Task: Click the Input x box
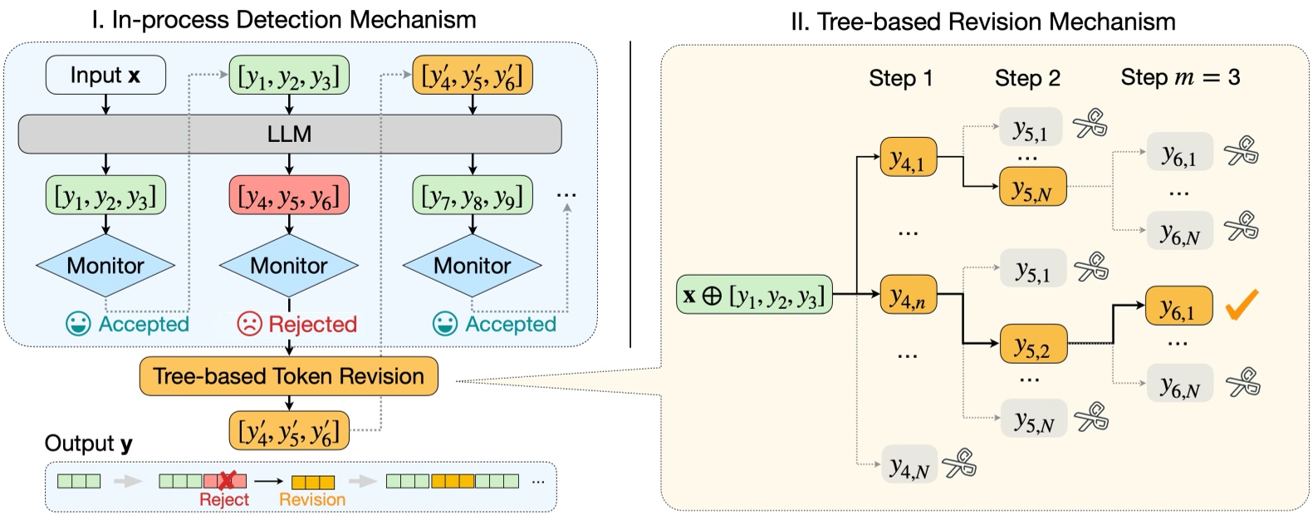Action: (105, 76)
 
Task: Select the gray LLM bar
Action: (289, 134)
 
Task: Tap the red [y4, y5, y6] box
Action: (289, 196)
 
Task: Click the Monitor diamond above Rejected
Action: (289, 266)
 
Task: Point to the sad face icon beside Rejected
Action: (249, 324)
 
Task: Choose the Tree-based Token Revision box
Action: (289, 376)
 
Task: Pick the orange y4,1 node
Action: (908, 158)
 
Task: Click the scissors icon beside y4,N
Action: (959, 463)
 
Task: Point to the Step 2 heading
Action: (1027, 78)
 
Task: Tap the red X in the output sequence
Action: (226, 480)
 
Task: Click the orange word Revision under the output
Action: (312, 499)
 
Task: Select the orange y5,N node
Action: (1032, 187)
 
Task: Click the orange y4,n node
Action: (908, 295)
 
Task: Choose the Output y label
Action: (88, 444)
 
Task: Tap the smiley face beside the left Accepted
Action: (78, 324)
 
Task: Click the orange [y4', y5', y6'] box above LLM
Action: (473, 76)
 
